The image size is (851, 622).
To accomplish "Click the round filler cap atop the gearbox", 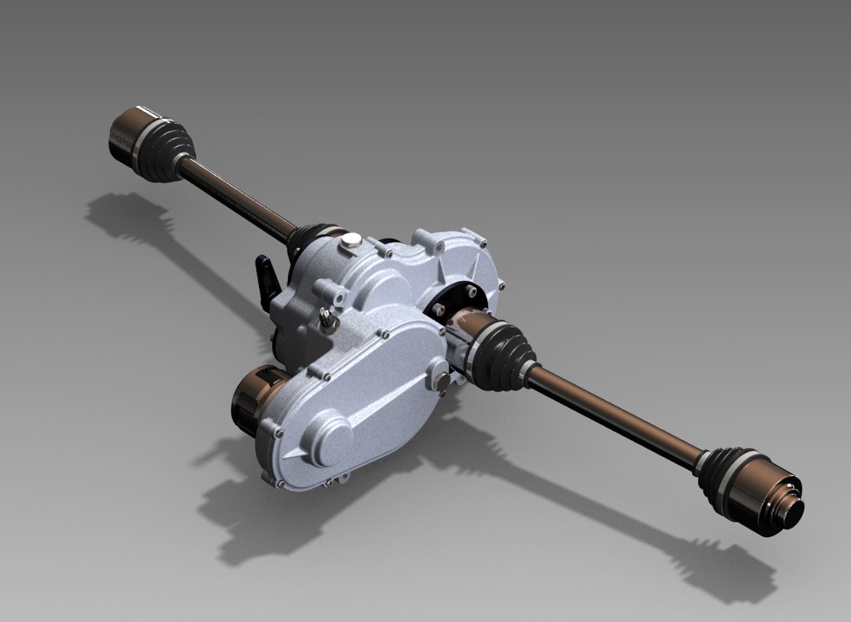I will [350, 242].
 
